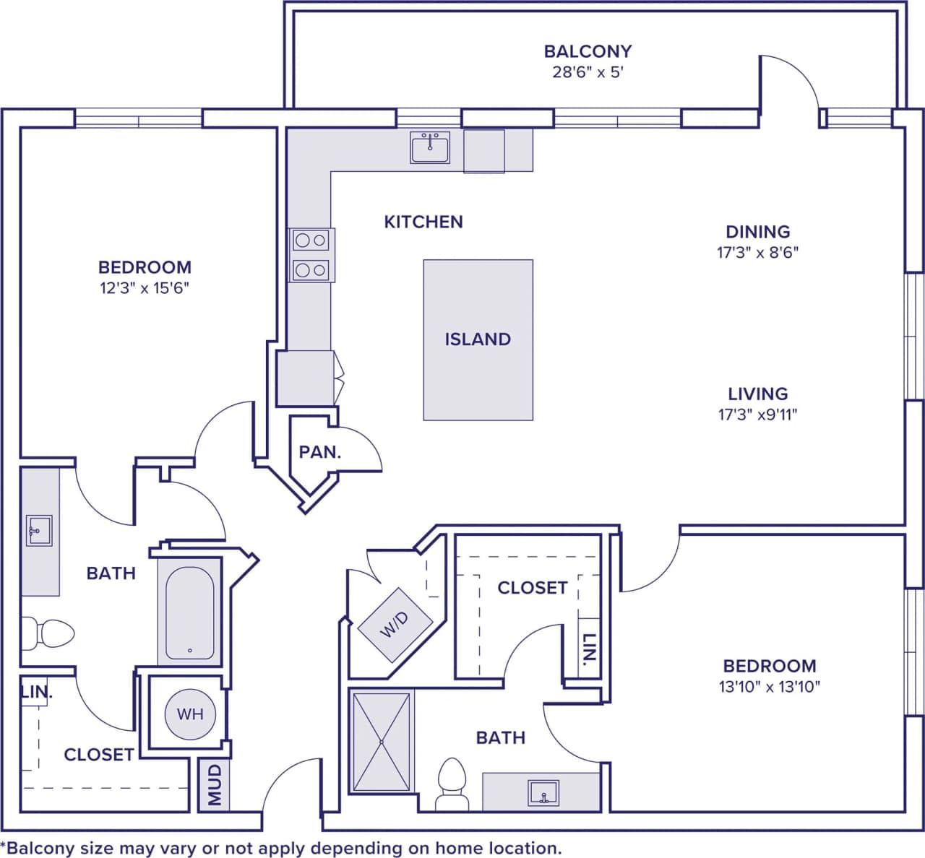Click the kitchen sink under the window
click(430, 147)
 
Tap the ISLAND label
click(478, 339)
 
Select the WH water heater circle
click(190, 714)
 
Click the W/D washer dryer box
click(395, 625)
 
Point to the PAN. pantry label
click(319, 453)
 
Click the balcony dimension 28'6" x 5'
click(587, 72)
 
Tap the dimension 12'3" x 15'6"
click(145, 288)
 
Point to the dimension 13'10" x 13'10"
click(770, 687)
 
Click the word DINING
click(757, 232)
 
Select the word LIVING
click(757, 394)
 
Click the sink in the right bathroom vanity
click(543, 792)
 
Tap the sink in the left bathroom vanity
click(39, 531)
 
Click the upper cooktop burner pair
click(311, 240)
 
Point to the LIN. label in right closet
click(589, 649)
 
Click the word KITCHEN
click(423, 222)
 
